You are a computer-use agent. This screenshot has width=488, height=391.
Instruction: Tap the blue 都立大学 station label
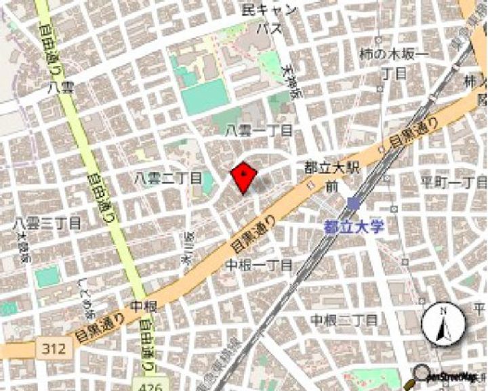(353, 227)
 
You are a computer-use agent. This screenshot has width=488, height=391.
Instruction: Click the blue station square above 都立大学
(352, 204)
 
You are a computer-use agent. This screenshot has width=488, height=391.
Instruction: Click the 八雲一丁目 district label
(260, 130)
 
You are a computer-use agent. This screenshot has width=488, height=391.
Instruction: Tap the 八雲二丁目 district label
(167, 178)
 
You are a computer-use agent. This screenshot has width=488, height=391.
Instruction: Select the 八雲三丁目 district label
(47, 223)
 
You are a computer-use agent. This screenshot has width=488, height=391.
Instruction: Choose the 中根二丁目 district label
(344, 318)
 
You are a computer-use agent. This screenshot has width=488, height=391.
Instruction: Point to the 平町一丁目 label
(454, 182)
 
